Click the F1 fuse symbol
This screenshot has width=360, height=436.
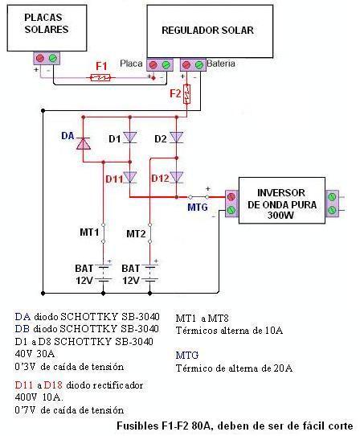[100, 77]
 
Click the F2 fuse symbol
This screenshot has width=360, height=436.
[187, 94]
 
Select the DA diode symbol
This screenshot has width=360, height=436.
[84, 143]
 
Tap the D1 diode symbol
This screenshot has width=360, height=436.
[129, 138]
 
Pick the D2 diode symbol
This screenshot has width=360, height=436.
[177, 138]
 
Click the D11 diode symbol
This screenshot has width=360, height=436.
[129, 178]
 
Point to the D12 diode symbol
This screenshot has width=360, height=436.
[177, 178]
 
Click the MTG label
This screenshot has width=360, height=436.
[198, 208]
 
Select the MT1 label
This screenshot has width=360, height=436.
[89, 232]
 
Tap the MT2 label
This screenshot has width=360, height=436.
[136, 233]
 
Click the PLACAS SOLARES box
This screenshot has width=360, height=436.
[47, 28]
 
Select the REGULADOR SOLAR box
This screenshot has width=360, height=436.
[210, 31]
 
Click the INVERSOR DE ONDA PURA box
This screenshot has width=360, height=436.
[282, 200]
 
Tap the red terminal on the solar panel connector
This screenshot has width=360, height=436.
[40, 58]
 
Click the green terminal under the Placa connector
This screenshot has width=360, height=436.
[166, 65]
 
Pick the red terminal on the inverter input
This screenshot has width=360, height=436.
[231, 197]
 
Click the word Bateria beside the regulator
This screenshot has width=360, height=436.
[221, 64]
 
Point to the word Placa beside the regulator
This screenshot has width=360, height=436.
[131, 64]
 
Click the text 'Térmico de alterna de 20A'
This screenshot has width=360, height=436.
[234, 368]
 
